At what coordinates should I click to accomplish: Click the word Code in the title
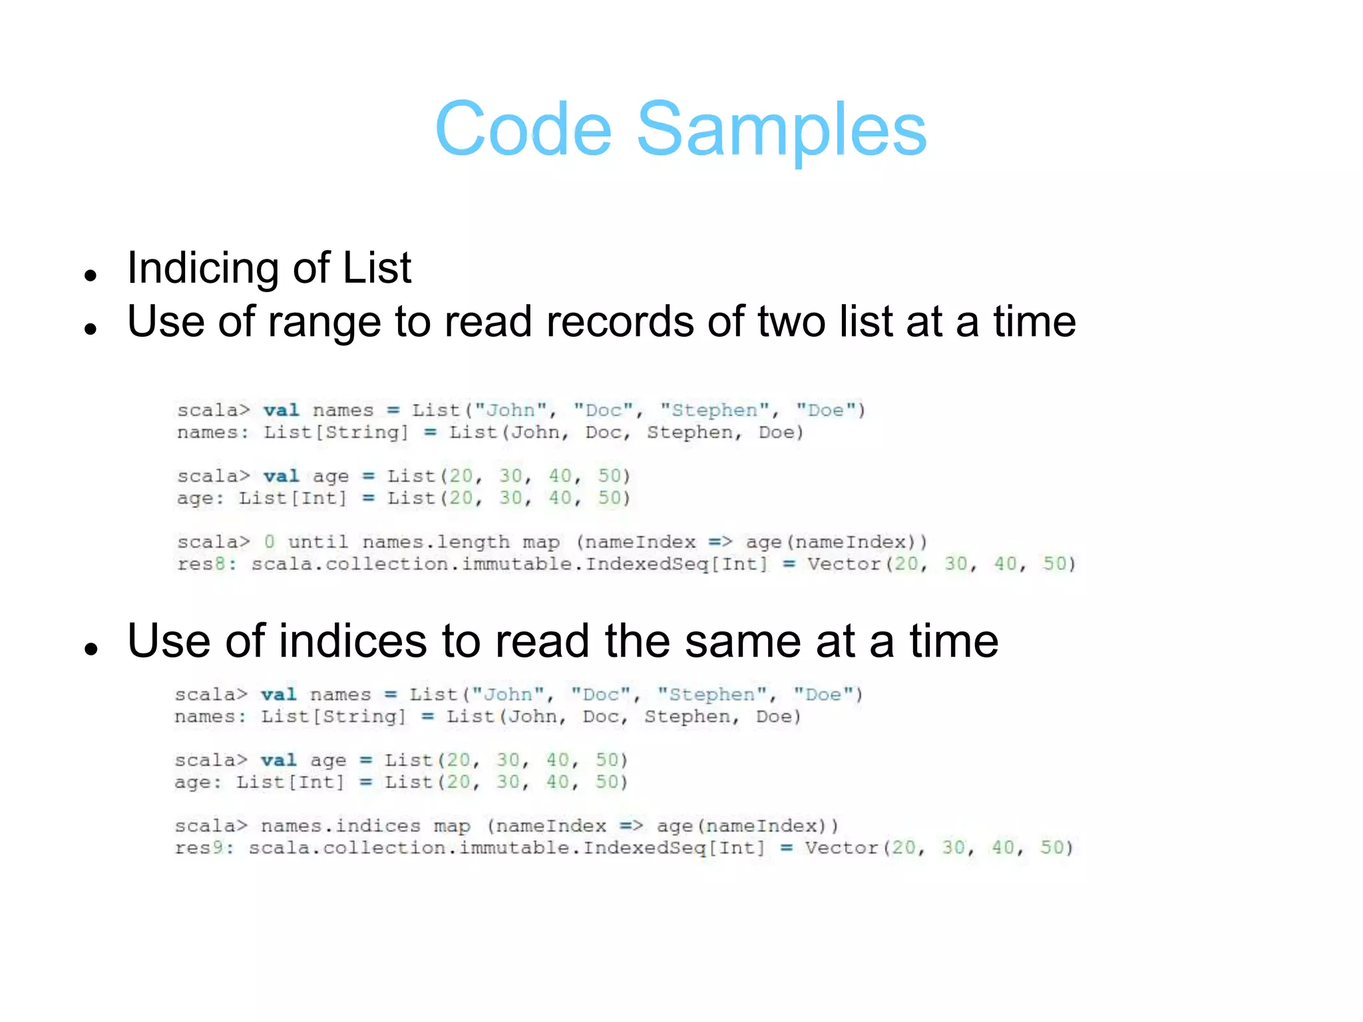[x=523, y=129]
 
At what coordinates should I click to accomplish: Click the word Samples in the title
[x=781, y=129]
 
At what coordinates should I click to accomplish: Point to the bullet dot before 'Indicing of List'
[x=92, y=275]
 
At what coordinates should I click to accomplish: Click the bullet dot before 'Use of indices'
[x=92, y=648]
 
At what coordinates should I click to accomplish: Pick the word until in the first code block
[x=317, y=542]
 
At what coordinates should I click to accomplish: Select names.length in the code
[x=436, y=542]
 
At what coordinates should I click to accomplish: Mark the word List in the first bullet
[x=377, y=268]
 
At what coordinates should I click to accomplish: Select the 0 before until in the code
[x=269, y=542]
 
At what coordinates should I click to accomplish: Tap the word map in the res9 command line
[x=452, y=827]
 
